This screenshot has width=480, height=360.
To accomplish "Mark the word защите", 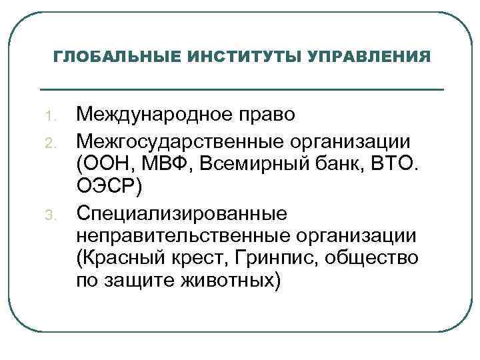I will point(137,281).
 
